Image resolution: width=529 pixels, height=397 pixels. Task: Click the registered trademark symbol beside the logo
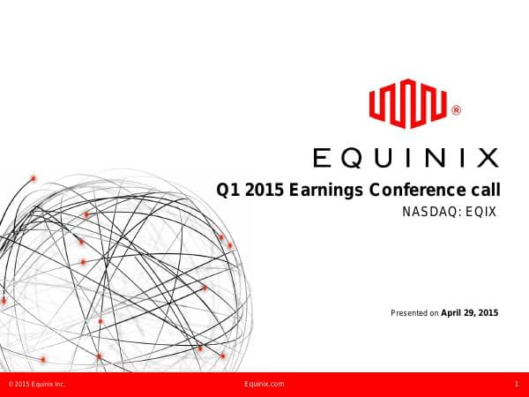455,111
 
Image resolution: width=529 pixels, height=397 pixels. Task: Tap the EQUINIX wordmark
406,158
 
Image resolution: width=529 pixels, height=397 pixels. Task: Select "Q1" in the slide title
229,190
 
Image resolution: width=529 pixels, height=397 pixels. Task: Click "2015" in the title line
265,190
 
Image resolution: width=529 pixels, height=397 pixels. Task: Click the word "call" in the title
483,190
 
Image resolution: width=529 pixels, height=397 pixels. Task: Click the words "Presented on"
414,312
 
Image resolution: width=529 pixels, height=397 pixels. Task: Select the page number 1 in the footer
516,385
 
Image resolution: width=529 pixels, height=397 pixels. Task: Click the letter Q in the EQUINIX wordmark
353,158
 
